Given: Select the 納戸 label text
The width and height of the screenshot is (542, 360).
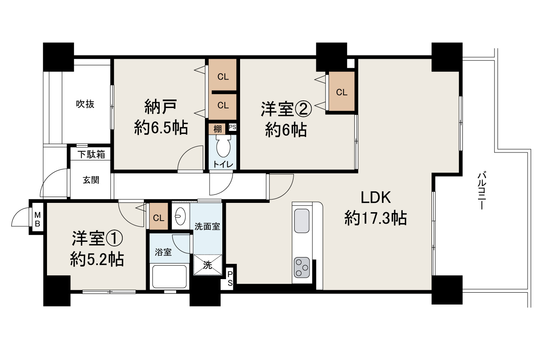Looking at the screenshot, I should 160,107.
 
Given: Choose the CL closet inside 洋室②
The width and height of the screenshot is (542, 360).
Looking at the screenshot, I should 342,92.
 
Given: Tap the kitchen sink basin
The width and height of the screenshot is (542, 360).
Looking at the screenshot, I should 302,220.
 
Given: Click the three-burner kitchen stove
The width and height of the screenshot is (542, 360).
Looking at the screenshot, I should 302,267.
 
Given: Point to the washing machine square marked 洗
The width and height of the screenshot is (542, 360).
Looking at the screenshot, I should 207,265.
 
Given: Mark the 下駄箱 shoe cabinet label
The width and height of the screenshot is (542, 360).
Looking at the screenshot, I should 91,155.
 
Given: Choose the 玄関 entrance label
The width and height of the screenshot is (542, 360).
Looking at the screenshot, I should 91,180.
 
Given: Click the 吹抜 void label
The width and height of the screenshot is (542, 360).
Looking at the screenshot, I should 85,104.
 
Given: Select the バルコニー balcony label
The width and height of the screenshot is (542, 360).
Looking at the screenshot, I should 481,191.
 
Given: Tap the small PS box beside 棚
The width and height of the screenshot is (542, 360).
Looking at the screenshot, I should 232,127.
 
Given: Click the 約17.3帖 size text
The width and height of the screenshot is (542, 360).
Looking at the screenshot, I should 376,218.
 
